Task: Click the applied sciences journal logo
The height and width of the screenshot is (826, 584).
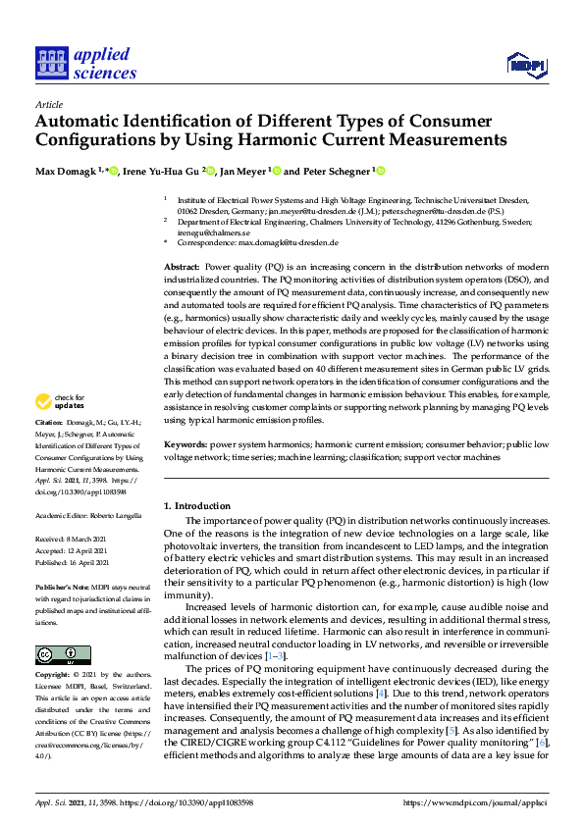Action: (85, 63)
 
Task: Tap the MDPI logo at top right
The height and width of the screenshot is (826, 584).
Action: (526, 65)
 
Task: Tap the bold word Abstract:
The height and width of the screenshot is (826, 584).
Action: (181, 267)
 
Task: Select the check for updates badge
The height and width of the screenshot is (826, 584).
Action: (60, 400)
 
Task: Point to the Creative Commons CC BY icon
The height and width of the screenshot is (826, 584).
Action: (57, 654)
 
